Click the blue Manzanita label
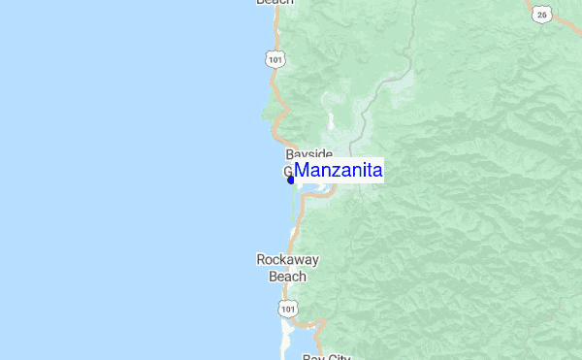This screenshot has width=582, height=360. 339,171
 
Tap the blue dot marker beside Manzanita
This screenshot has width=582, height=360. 291,179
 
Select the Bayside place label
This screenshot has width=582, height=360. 309,154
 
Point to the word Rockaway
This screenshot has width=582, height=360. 287,260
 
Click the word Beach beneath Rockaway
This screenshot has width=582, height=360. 287,277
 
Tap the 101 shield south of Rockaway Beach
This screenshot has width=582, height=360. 285,308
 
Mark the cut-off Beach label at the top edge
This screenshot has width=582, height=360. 275,3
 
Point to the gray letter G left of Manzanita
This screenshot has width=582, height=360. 287,171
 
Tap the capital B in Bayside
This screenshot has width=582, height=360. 290,154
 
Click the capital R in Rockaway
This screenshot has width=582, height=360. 261,260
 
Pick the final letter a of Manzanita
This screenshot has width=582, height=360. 377,172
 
